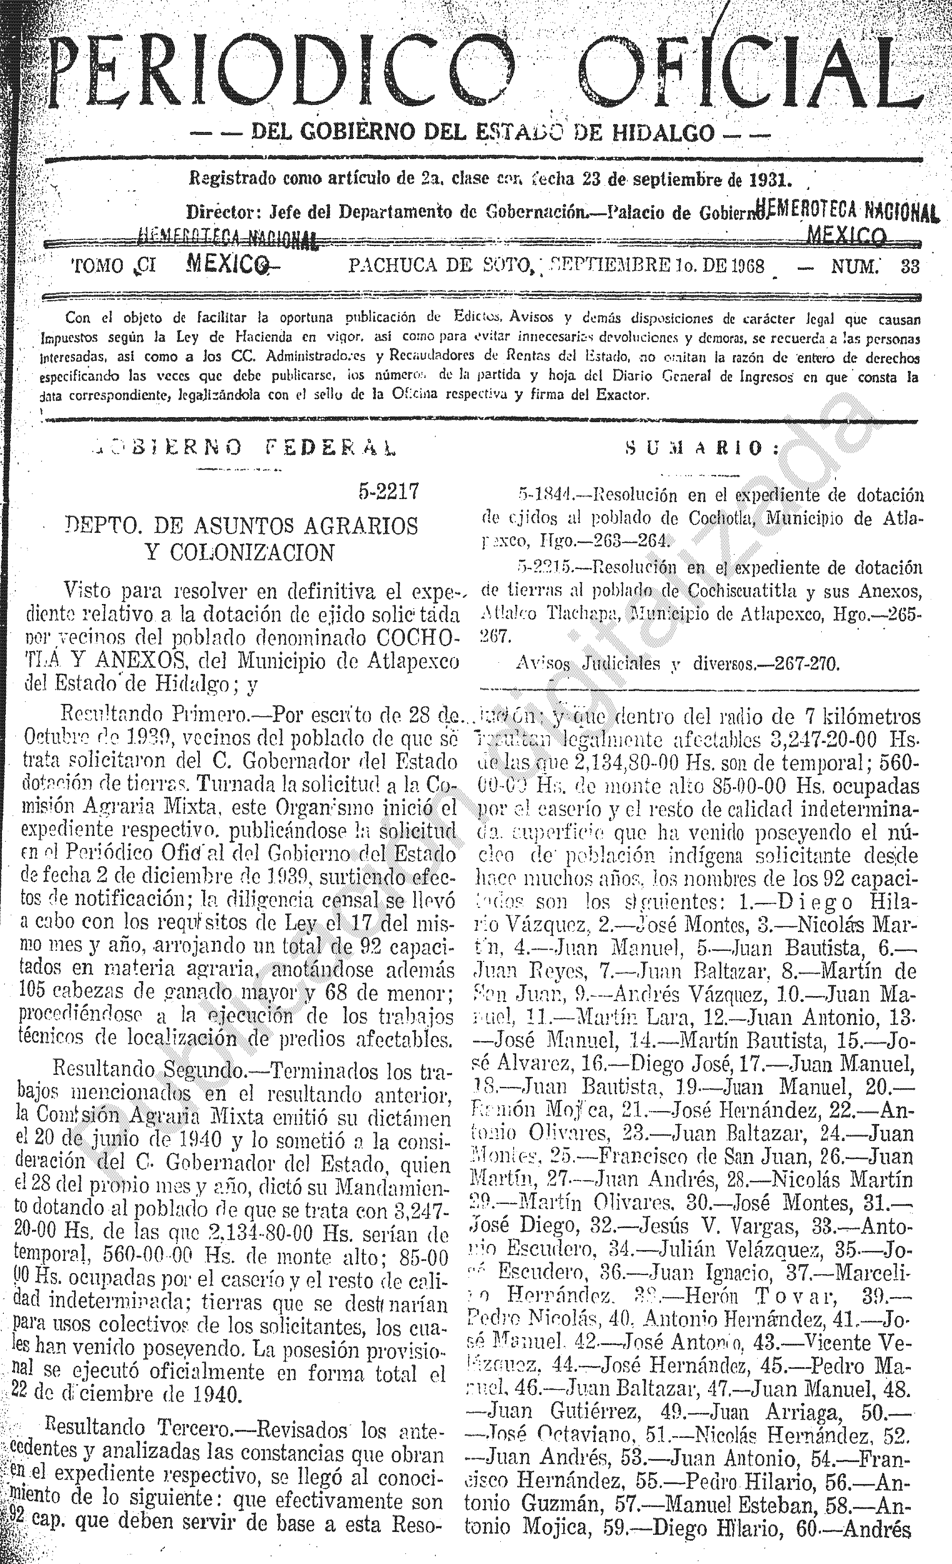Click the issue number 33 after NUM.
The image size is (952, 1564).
point(910,266)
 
